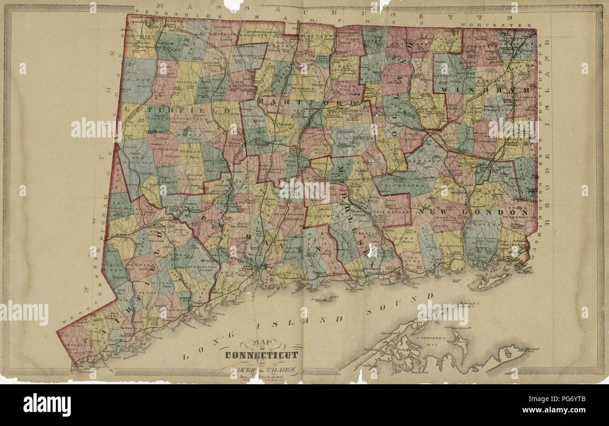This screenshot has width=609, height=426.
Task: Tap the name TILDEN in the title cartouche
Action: pyautogui.click(x=282, y=369)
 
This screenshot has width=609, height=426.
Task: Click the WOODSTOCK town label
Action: pyautogui.click(x=478, y=47)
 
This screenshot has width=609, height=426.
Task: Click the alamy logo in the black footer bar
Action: pyautogui.click(x=47, y=404)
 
